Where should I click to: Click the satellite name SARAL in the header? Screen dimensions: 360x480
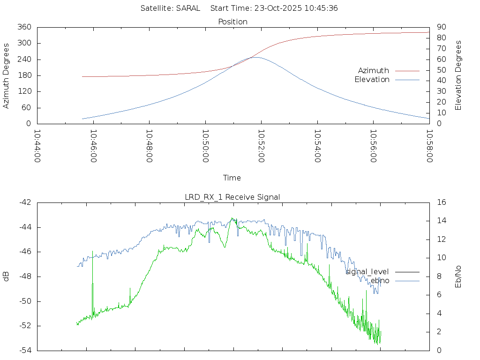pyautogui.click(x=188, y=8)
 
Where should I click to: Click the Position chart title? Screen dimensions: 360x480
pyautogui.click(x=233, y=22)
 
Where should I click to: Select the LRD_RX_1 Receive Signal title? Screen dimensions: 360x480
pyautogui.click(x=232, y=197)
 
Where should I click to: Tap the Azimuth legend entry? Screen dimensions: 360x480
pyautogui.click(x=374, y=70)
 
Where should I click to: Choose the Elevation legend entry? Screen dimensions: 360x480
pyautogui.click(x=372, y=80)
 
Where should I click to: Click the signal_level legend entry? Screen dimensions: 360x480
pyautogui.click(x=367, y=271)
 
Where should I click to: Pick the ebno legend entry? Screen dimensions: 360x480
pyautogui.click(x=380, y=280)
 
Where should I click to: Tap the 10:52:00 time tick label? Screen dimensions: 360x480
pyautogui.click(x=261, y=146)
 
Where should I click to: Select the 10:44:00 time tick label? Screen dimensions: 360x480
pyautogui.click(x=37, y=146)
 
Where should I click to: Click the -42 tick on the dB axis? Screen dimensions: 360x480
pyautogui.click(x=25, y=202)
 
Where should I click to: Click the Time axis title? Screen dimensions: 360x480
pyautogui.click(x=232, y=178)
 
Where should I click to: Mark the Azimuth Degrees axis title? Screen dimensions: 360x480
pyautogui.click(x=6, y=75)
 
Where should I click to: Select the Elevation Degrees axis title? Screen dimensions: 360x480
pyautogui.click(x=458, y=75)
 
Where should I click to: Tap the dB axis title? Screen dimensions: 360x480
pyautogui.click(x=6, y=276)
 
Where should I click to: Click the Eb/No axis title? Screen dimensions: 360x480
pyautogui.click(x=458, y=276)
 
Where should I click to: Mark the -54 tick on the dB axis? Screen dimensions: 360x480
pyautogui.click(x=25, y=350)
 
